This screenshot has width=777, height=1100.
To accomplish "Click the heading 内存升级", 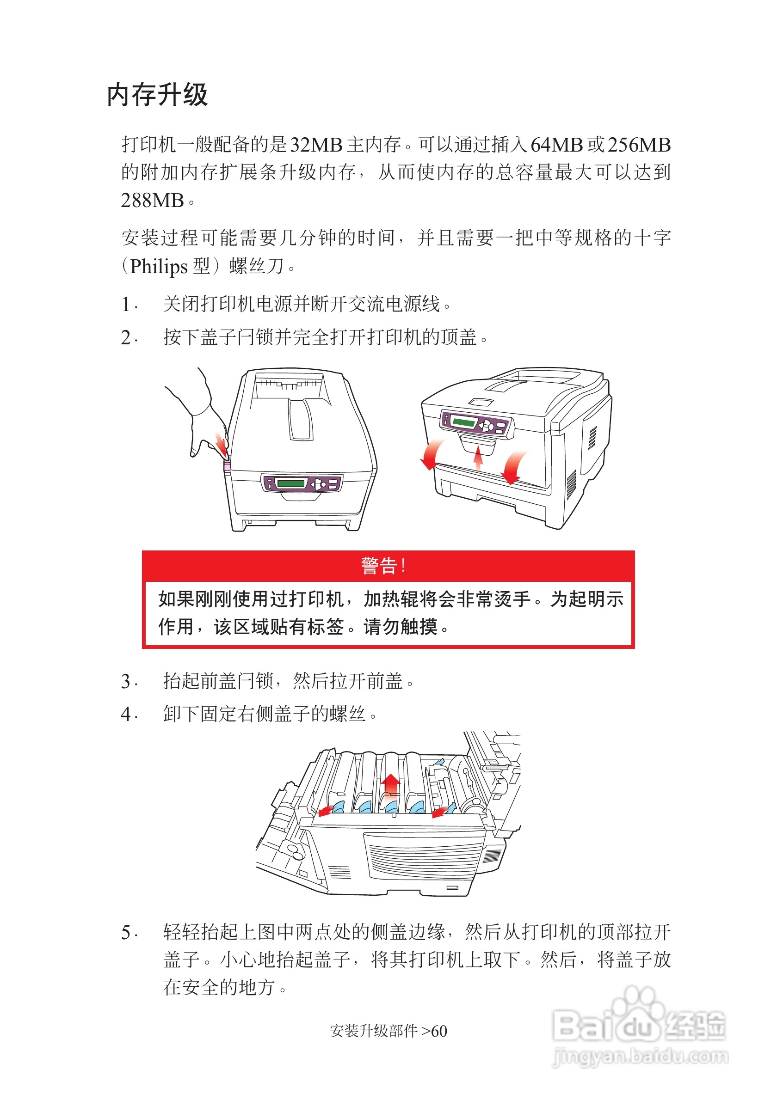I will [x=157, y=94].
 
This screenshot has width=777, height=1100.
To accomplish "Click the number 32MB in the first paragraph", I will [x=316, y=145].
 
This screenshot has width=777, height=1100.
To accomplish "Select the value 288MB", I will [x=152, y=200].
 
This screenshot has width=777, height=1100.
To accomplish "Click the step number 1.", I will [x=126, y=304].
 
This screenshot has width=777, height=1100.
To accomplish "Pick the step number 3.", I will [x=126, y=681].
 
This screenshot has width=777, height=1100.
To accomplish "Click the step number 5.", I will [x=126, y=932].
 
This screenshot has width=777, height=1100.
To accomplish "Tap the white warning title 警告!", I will [x=383, y=565].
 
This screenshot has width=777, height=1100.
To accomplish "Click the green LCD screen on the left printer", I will [x=291, y=483].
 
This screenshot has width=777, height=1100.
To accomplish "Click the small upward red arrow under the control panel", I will [x=477, y=458].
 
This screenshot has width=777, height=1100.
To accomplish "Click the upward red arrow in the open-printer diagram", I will [x=391, y=785].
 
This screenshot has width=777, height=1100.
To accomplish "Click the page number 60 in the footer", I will [x=439, y=1031].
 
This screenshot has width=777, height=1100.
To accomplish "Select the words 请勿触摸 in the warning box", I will [x=400, y=627].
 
